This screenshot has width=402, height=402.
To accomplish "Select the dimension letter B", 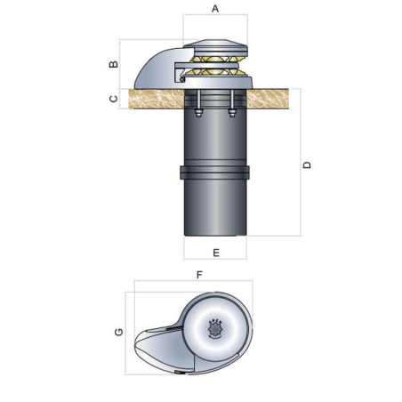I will tap(113, 64).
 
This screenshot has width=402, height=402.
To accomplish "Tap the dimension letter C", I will tap(113, 99).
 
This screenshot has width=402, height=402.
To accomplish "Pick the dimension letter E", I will tap(216, 252).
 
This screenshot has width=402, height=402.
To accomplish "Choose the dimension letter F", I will tap(199, 275).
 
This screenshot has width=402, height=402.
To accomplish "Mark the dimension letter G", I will tap(118, 332).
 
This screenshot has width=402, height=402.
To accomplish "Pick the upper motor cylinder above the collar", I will tap(215, 138).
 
